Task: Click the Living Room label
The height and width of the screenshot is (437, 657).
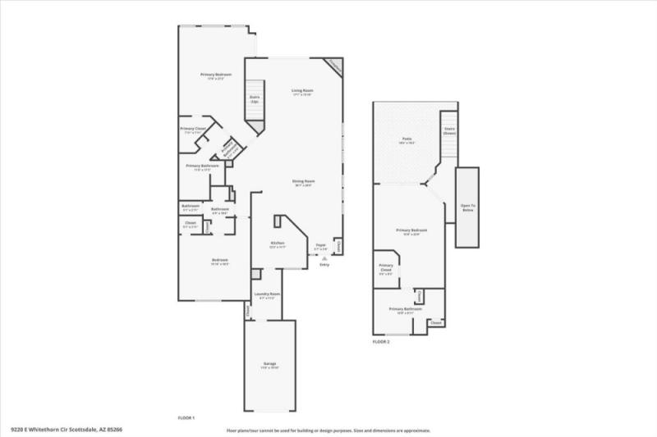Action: tap(303, 91)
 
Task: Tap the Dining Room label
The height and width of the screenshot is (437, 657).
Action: tap(304, 182)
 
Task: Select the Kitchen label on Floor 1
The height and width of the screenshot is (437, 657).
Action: tap(278, 244)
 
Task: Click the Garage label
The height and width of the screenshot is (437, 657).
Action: tap(269, 364)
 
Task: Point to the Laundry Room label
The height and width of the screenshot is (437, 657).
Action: tap(268, 294)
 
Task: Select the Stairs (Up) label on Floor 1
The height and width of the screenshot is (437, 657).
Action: tap(255, 98)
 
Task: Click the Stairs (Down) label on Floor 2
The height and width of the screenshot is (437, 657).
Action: tap(449, 130)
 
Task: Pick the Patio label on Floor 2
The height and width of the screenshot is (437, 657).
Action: tap(407, 140)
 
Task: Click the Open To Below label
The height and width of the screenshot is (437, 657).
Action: tap(467, 207)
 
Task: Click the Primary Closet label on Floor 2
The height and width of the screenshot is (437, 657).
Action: tap(386, 269)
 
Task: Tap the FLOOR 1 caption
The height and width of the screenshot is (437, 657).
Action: tap(186, 417)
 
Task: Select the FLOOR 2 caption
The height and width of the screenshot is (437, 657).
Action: tap(381, 341)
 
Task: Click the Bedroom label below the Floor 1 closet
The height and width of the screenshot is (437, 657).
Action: tap(219, 262)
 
